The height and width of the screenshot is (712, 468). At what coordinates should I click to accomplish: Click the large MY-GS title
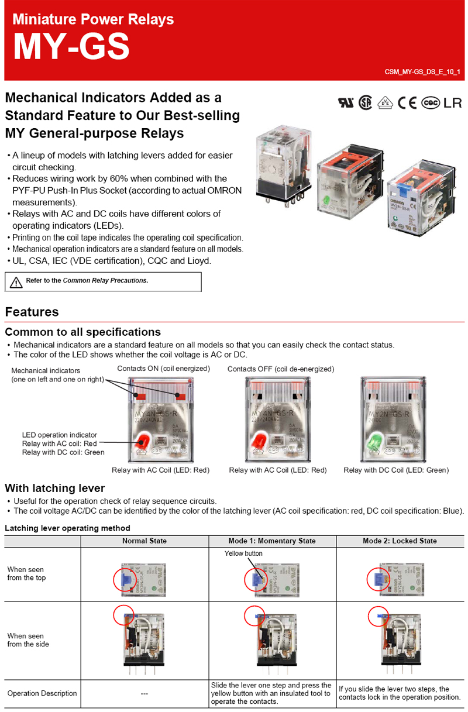pyautogui.click(x=71, y=48)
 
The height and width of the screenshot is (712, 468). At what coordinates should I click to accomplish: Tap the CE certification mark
pyautogui.click(x=407, y=102)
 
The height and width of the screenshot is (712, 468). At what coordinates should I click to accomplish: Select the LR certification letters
pyautogui.click(x=453, y=102)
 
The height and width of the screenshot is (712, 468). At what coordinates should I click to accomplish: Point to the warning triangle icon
pyautogui.click(x=15, y=282)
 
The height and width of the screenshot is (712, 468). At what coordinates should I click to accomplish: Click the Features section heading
pyautogui.click(x=32, y=312)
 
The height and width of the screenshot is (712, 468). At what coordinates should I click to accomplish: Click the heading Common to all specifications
pyautogui.click(x=82, y=332)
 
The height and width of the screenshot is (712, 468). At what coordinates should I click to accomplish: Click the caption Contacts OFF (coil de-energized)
pyautogui.click(x=280, y=369)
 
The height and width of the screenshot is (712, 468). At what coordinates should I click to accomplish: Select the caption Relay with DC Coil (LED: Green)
pyautogui.click(x=396, y=470)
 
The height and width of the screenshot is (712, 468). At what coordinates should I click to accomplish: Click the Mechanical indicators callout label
pyautogui.click(x=46, y=371)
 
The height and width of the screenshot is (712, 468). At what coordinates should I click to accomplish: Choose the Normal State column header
pyautogui.click(x=144, y=541)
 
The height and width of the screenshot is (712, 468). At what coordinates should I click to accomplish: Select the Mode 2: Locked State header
pyautogui.click(x=400, y=541)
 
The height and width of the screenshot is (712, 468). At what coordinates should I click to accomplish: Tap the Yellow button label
pyautogui.click(x=243, y=553)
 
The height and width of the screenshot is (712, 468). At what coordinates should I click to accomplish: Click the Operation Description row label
pyautogui.click(x=42, y=693)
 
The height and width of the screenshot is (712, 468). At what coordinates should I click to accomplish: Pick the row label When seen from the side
pyautogui.click(x=28, y=640)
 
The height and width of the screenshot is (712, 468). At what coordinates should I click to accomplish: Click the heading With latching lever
pyautogui.click(x=55, y=488)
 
